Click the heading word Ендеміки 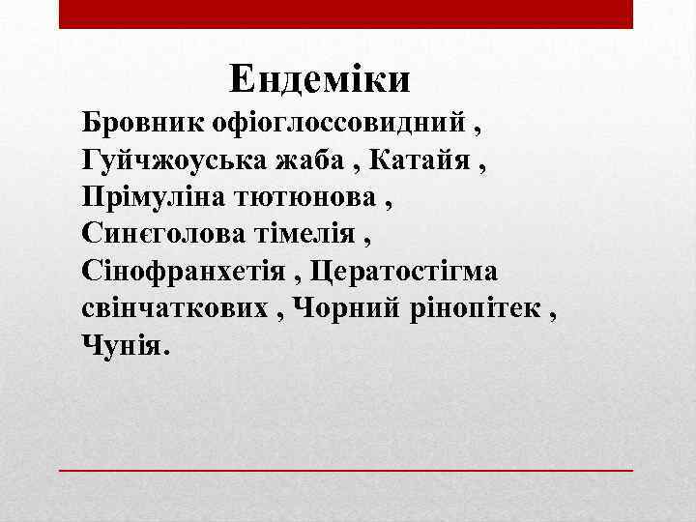321,77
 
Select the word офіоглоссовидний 340,124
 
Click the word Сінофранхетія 188,270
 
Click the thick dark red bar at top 345,14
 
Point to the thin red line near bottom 345,470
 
